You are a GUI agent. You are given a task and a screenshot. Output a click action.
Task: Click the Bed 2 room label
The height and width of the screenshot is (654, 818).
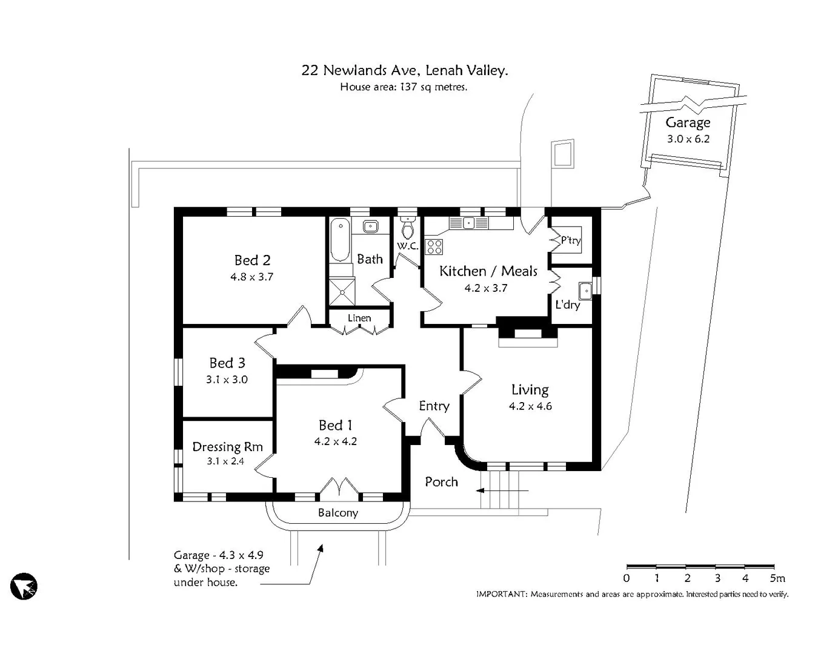[252, 260]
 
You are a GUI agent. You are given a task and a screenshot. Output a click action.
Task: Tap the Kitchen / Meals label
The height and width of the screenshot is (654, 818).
[488, 271]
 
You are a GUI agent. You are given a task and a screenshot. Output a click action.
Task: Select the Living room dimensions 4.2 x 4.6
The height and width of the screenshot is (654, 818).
[530, 406]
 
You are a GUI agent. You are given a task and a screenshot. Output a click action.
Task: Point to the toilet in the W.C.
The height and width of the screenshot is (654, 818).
[408, 228]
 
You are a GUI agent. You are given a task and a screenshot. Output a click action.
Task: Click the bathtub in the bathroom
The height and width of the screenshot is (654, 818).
[341, 240]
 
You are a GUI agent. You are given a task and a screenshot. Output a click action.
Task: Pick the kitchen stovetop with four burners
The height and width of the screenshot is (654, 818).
[434, 246]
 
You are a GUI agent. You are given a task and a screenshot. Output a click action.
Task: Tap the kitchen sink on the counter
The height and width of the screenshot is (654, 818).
[468, 223]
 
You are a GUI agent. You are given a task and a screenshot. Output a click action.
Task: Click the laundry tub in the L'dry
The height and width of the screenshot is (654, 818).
[585, 291]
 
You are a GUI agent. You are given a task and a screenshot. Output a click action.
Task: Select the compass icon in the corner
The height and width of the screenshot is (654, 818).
[24, 586]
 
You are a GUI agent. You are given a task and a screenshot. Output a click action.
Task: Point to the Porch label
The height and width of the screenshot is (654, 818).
[441, 482]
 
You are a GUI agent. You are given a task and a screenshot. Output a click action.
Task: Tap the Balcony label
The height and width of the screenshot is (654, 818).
[338, 513]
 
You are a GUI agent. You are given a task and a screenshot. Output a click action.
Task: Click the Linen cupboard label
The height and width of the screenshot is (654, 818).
[359, 318]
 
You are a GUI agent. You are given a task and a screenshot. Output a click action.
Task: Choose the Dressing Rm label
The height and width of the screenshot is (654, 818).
[227, 447]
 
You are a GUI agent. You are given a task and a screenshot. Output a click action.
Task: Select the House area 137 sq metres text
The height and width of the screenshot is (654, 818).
[404, 87]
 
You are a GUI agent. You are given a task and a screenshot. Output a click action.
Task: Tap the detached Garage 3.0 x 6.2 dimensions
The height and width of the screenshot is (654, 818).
[688, 139]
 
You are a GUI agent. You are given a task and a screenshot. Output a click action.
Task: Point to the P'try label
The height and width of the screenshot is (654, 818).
[571, 240]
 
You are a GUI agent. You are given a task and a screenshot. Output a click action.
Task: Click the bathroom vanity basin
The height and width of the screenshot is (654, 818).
[370, 226]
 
